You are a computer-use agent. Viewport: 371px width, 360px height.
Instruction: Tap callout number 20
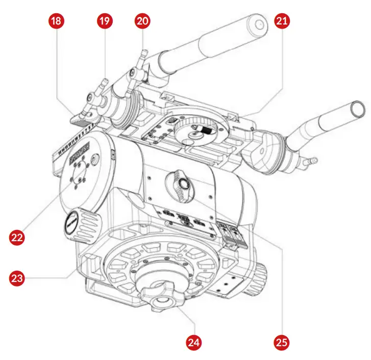tap(142, 21)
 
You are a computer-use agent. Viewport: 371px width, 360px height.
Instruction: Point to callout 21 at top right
tap(281, 21)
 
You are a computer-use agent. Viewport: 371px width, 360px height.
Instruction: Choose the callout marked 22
tap(17, 237)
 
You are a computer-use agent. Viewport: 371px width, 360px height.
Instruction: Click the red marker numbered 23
tap(17, 278)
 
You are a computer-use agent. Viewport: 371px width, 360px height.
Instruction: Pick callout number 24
tap(192, 342)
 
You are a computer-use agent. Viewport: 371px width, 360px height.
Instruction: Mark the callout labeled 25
tap(281, 342)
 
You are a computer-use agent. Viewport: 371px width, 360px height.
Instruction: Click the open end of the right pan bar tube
tap(357, 109)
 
